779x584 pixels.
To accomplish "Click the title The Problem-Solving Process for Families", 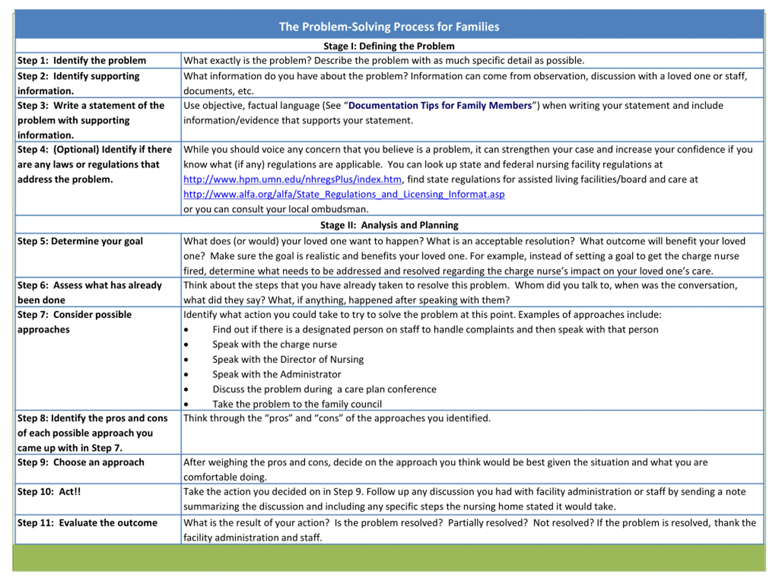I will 389,27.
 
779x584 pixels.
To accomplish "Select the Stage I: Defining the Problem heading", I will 389,46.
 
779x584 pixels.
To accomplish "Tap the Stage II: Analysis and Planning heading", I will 389,225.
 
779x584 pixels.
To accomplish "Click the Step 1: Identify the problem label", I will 81,61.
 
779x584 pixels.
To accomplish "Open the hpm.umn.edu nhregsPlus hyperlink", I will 292,179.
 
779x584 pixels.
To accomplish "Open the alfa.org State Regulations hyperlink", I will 344,194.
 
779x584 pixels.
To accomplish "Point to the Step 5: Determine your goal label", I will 80,241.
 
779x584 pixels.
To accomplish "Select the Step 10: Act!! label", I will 49,492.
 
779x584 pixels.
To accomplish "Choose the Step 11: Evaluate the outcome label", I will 87,523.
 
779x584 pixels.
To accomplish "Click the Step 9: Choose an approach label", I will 81,462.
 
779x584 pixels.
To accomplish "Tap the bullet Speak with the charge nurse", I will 274,344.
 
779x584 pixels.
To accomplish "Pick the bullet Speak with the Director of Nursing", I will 288,360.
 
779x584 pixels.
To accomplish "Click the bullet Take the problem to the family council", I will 297,404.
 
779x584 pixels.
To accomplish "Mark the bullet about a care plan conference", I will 324,389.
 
